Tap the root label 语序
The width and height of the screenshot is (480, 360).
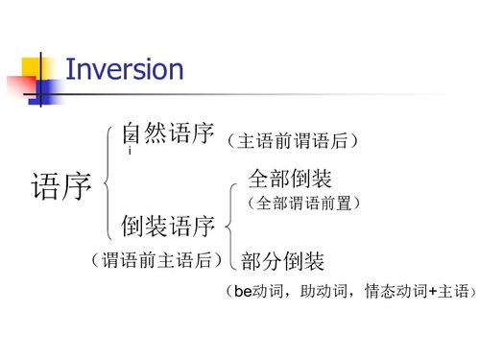[x=61, y=184]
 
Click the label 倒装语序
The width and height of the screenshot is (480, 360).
[x=167, y=228]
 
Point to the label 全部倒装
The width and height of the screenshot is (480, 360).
[x=291, y=179]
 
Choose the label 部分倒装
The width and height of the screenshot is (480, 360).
[x=283, y=261]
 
